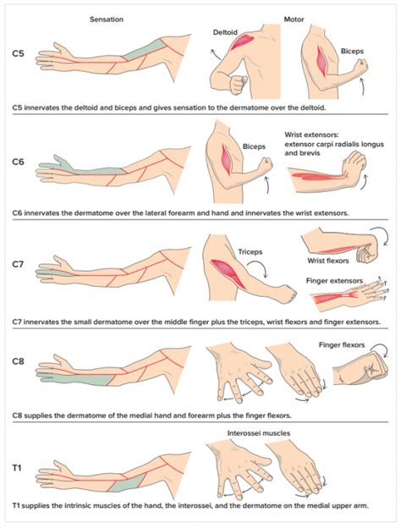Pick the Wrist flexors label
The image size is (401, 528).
tap(325, 261)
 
